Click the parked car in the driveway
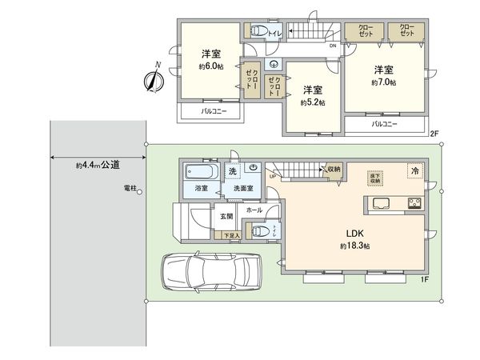pos(213,272)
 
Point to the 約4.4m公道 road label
pos(98,166)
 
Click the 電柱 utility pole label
pos(131,188)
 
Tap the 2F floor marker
pos(434,133)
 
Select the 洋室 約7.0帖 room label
pos(383,76)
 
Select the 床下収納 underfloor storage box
pos(374,178)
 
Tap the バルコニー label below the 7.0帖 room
pos(385,125)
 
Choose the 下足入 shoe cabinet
pos(230,235)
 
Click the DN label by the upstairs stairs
pos(332,46)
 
